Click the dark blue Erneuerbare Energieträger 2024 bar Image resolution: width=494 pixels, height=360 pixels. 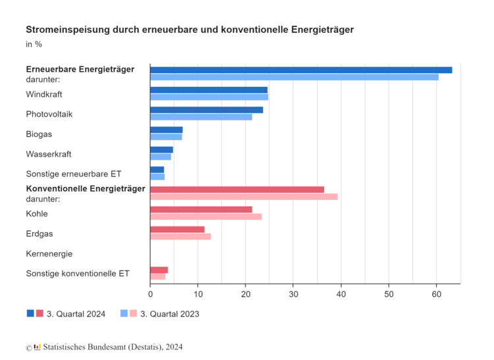click(x=301, y=70)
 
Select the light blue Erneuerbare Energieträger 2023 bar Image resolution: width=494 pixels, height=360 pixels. click(x=294, y=77)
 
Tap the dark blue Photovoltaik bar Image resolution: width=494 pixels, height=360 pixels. click(x=206, y=110)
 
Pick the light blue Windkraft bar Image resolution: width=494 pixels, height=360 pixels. click(x=209, y=97)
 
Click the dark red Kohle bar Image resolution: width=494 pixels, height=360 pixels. click(x=201, y=209)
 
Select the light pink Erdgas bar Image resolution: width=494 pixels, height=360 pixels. click(x=180, y=236)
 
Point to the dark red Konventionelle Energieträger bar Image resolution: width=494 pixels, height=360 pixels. click(x=237, y=190)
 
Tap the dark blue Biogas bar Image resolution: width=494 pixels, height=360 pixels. click(x=166, y=130)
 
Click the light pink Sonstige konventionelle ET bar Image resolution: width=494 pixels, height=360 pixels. click(x=157, y=276)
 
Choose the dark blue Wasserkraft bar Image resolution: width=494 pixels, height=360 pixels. click(x=161, y=149)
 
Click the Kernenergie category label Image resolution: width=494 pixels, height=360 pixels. click(x=49, y=253)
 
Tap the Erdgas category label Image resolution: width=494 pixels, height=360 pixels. click(x=39, y=234)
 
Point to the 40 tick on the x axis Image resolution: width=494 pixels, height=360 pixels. click(x=341, y=294)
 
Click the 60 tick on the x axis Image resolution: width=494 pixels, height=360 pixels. click(x=436, y=294)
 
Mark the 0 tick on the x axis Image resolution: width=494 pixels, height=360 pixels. click(x=150, y=294)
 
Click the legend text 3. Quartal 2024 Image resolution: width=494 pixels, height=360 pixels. click(x=76, y=314)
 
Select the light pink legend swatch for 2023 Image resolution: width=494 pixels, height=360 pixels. click(x=134, y=314)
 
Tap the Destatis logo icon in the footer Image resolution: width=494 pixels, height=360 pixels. click(x=37, y=347)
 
